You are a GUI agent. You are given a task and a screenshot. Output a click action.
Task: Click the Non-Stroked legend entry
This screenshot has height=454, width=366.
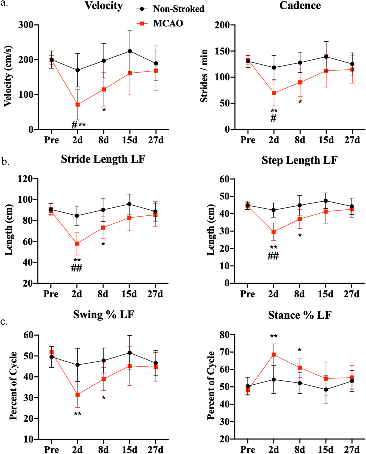point(178,9)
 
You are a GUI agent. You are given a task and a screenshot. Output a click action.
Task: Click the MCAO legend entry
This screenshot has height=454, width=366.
point(168,23)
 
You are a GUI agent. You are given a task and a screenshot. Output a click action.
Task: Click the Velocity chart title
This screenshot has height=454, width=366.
point(104,6)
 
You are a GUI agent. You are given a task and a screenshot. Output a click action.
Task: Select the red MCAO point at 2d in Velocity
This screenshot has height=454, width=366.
point(77,105)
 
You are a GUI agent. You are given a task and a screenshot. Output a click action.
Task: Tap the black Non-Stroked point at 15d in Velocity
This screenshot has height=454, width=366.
point(130,51)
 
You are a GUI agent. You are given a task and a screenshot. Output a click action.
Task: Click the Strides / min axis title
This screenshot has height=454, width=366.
point(204,76)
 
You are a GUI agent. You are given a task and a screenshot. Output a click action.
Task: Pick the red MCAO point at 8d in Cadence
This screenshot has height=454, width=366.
point(300,83)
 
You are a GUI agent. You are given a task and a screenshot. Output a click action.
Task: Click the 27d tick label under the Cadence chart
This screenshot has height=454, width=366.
point(352,140)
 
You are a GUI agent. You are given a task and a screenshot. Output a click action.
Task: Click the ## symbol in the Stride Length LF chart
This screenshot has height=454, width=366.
point(77,268)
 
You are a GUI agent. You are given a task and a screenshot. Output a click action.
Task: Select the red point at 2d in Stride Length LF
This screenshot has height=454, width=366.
point(77,244)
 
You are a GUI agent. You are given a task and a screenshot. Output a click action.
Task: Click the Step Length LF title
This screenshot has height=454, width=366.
point(300,160)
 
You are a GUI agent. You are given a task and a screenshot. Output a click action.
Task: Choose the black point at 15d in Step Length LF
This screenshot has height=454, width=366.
point(326,201)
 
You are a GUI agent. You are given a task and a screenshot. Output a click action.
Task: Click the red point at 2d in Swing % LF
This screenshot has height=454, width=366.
point(77,395)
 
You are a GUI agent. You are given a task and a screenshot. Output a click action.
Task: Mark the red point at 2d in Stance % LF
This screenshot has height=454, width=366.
point(274,355)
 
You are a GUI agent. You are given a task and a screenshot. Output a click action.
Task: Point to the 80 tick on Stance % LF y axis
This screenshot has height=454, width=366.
point(225,335)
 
